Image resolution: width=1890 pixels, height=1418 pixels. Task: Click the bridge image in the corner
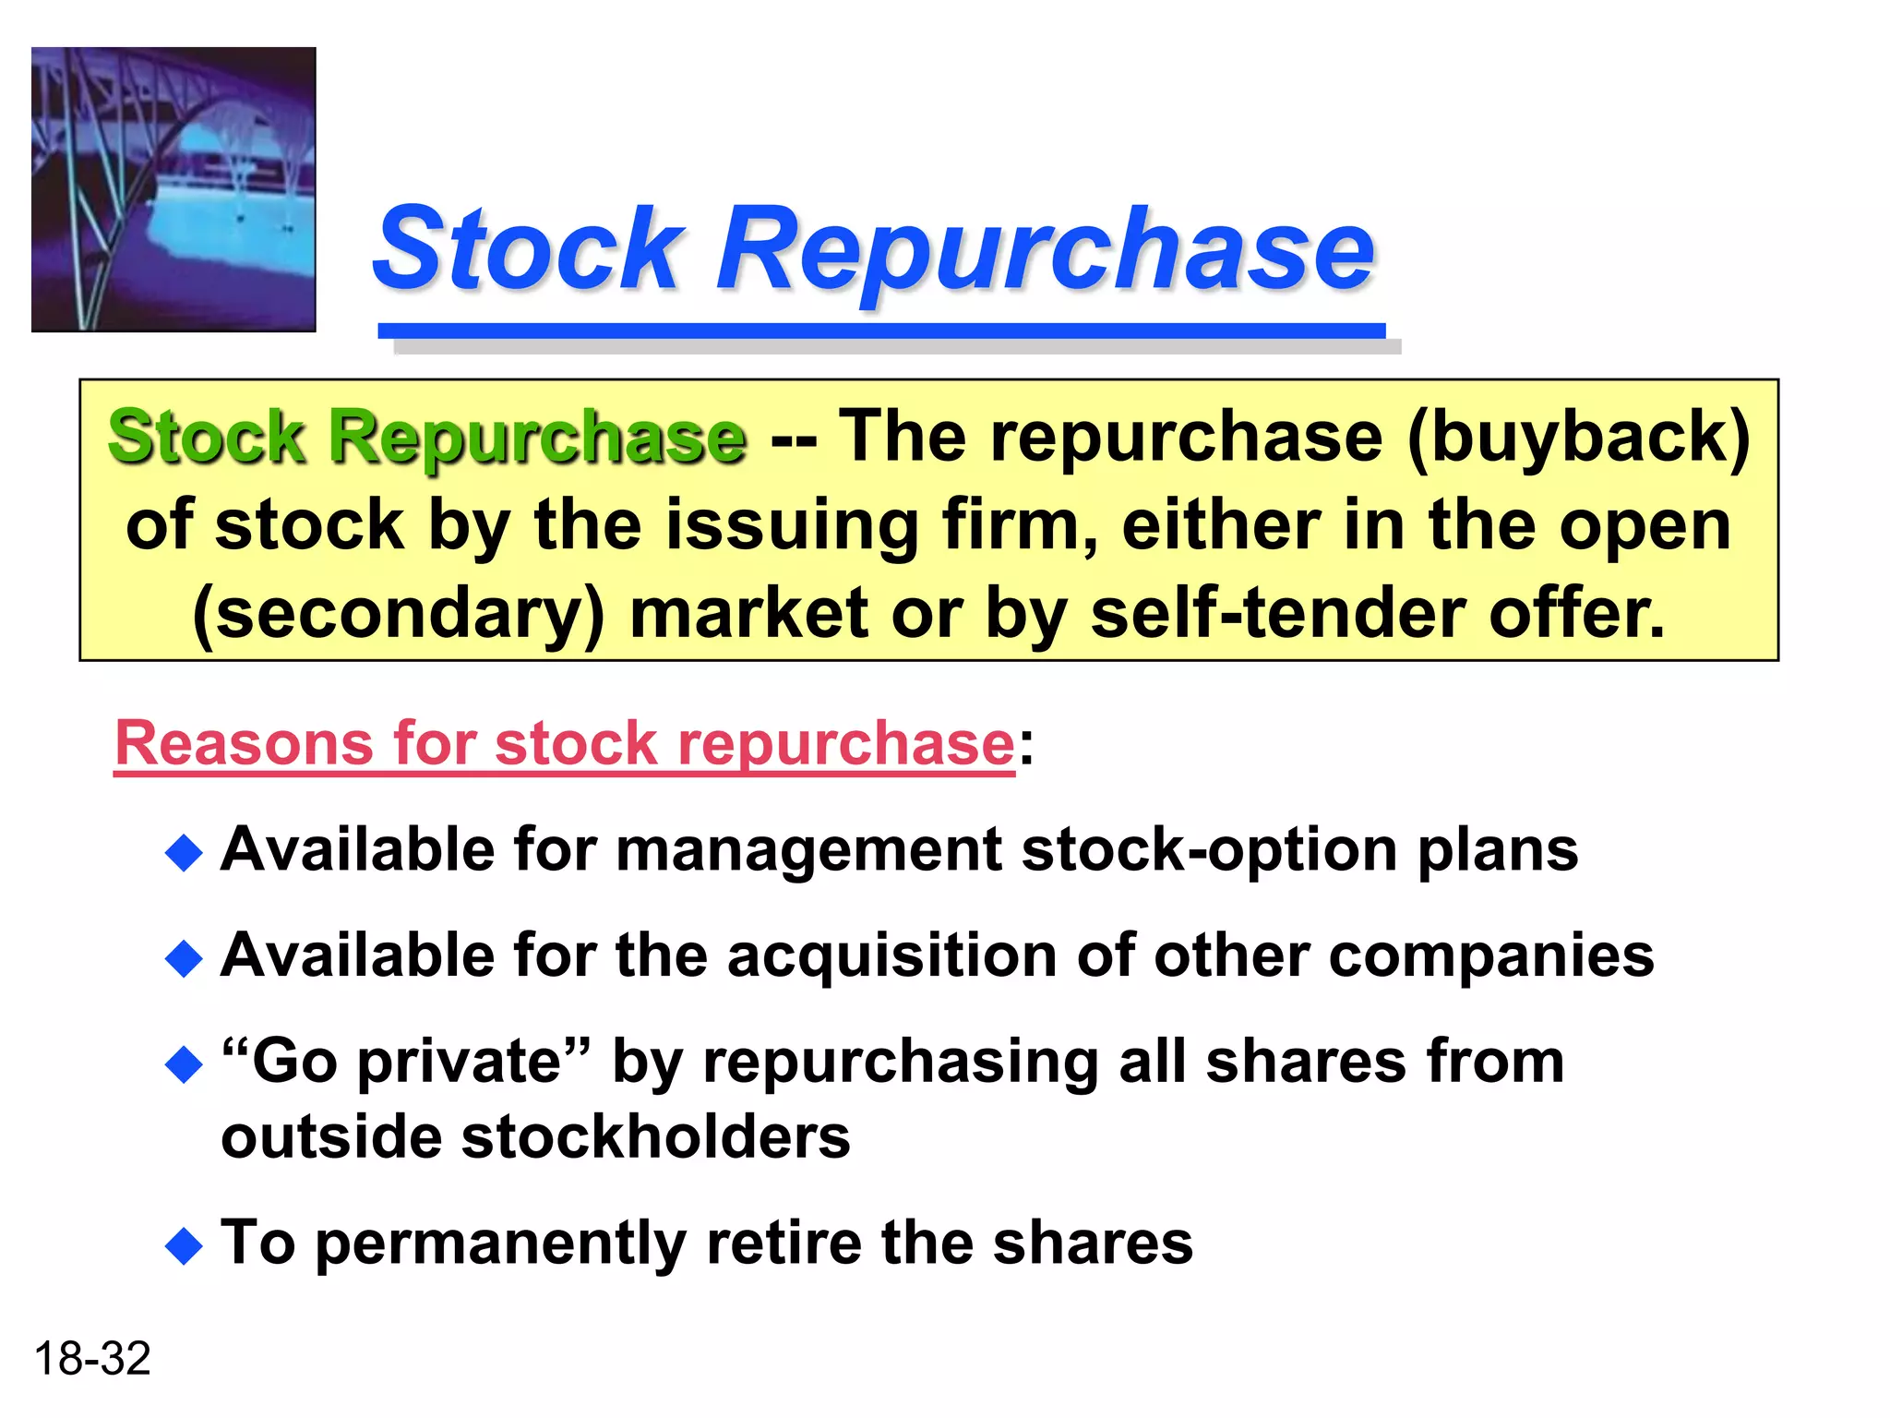tap(173, 189)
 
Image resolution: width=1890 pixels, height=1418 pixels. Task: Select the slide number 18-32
tap(92, 1359)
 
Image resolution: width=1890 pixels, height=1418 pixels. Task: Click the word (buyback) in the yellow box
tap(1578, 437)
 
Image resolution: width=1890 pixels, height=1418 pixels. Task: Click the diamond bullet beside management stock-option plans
tap(184, 853)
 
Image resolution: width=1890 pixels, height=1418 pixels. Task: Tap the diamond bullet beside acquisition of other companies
tap(184, 958)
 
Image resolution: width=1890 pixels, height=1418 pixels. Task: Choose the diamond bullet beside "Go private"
tap(184, 1064)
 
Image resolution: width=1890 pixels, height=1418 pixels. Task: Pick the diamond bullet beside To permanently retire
tap(184, 1246)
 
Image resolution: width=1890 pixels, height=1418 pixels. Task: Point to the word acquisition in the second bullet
tap(891, 955)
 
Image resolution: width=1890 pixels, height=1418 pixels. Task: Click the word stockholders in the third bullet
tap(655, 1136)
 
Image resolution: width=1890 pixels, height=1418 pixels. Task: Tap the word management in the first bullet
tap(808, 849)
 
